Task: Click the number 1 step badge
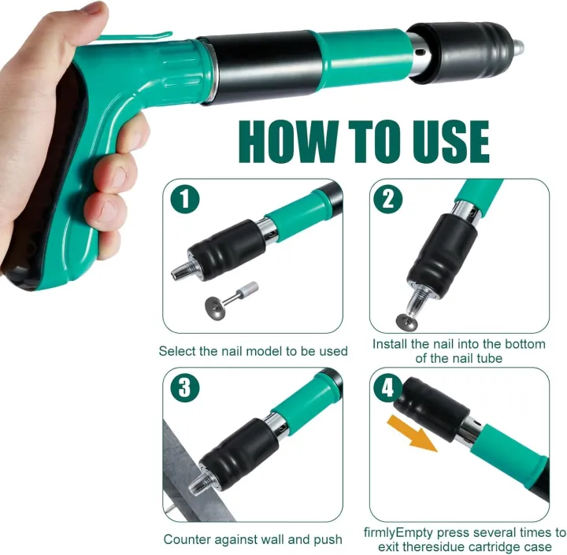[185, 199]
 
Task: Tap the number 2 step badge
[387, 199]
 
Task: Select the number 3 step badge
[185, 387]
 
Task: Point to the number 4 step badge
[387, 387]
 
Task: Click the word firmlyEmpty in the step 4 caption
[402, 532]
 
